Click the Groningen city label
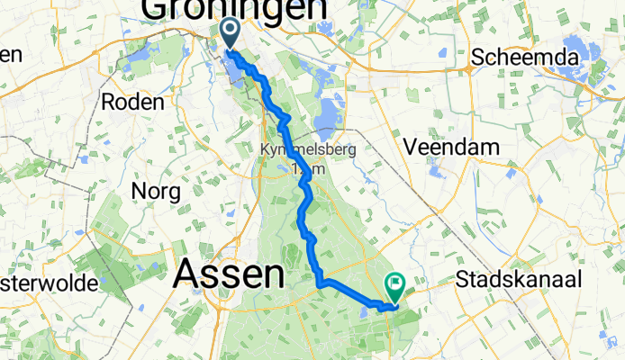233,9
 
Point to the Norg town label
156,191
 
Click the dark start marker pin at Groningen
230,34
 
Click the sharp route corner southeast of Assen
320,284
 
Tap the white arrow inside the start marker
230,31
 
